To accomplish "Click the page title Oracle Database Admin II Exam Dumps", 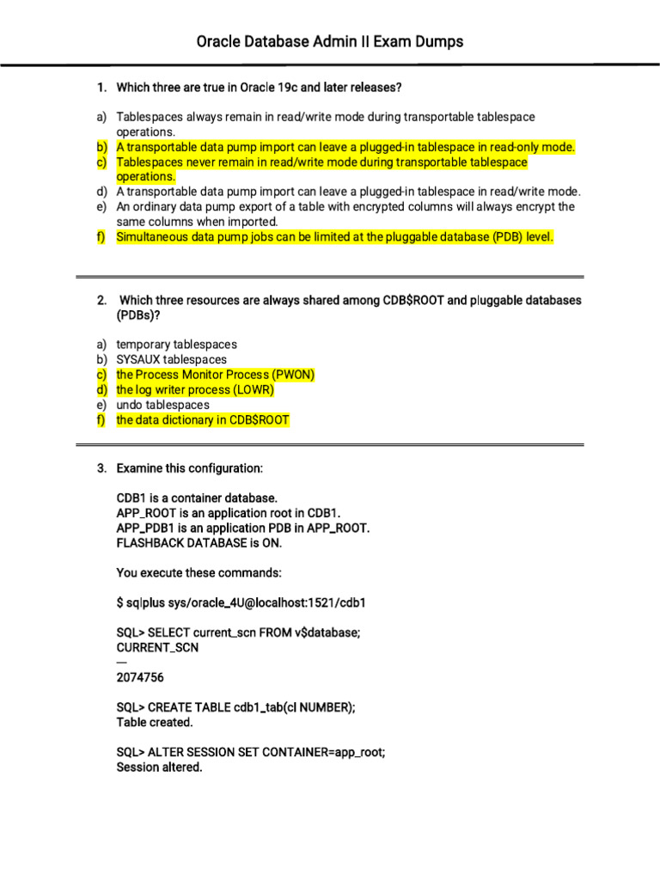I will [x=330, y=41].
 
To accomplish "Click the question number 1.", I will [x=101, y=87].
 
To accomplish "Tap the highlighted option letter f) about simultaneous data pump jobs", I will [x=101, y=236].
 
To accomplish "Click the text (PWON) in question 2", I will [x=294, y=375].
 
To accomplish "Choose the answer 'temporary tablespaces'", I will [x=176, y=345].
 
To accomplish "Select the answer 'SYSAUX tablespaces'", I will [x=172, y=359].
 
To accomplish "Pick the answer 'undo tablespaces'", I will [x=162, y=405].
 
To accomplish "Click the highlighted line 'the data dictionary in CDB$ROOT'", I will [x=203, y=419].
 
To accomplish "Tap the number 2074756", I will [x=140, y=677].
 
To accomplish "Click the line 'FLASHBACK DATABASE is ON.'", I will [x=199, y=543].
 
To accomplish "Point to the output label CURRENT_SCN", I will [x=157, y=647].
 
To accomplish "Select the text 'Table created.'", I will [x=155, y=722].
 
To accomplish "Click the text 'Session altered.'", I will [x=159, y=767].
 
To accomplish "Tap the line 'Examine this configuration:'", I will [x=190, y=468].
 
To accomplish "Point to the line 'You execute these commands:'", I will [x=199, y=572].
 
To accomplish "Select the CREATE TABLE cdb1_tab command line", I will [x=235, y=707].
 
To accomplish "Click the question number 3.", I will [x=101, y=468].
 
